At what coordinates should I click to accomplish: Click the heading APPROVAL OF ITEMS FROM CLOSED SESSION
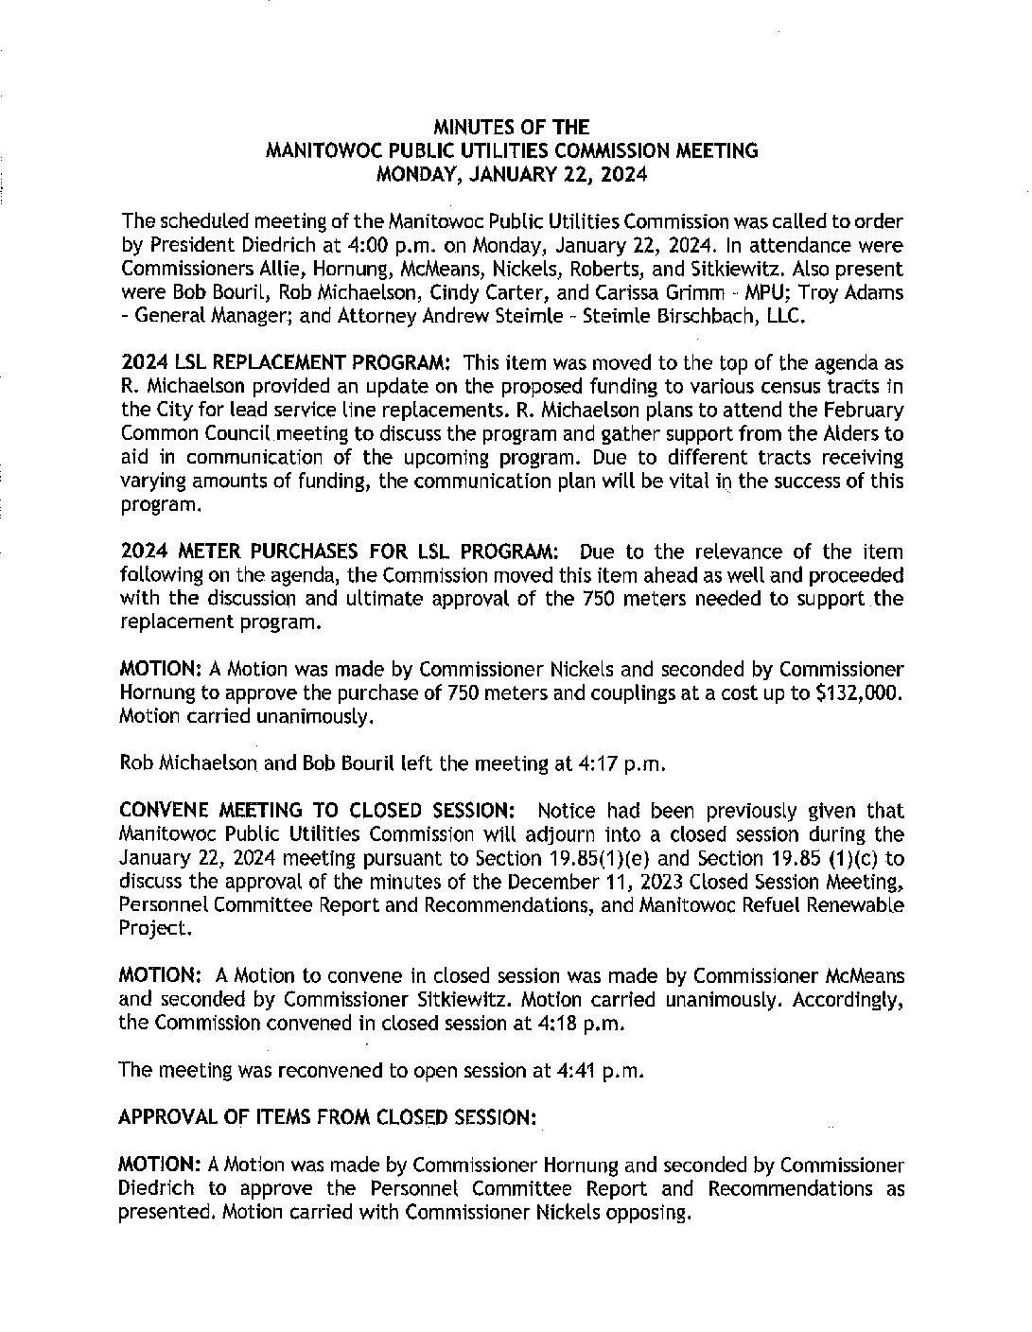(x=327, y=1117)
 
